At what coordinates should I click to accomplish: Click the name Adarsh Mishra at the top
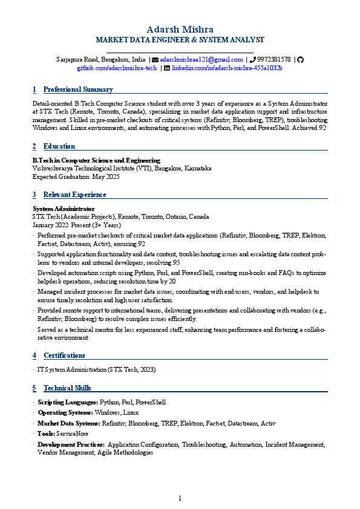coord(180,30)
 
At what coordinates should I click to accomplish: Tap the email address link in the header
coord(201,60)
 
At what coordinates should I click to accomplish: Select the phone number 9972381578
coord(273,60)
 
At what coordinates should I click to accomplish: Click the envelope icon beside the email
coord(155,60)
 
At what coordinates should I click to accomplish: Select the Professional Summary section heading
coord(78,89)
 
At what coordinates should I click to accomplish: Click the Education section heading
coord(59,146)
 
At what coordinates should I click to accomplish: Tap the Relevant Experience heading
coord(74,195)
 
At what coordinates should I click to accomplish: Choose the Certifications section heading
coord(64,355)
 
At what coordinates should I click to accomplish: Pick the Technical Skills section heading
coord(67,388)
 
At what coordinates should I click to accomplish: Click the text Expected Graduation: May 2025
coord(76,177)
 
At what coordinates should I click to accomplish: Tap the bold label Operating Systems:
coord(65,413)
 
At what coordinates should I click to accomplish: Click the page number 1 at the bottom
coord(180,498)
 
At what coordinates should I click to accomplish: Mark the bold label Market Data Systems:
coord(69,423)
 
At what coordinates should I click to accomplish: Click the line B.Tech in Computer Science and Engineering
coord(96,160)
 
